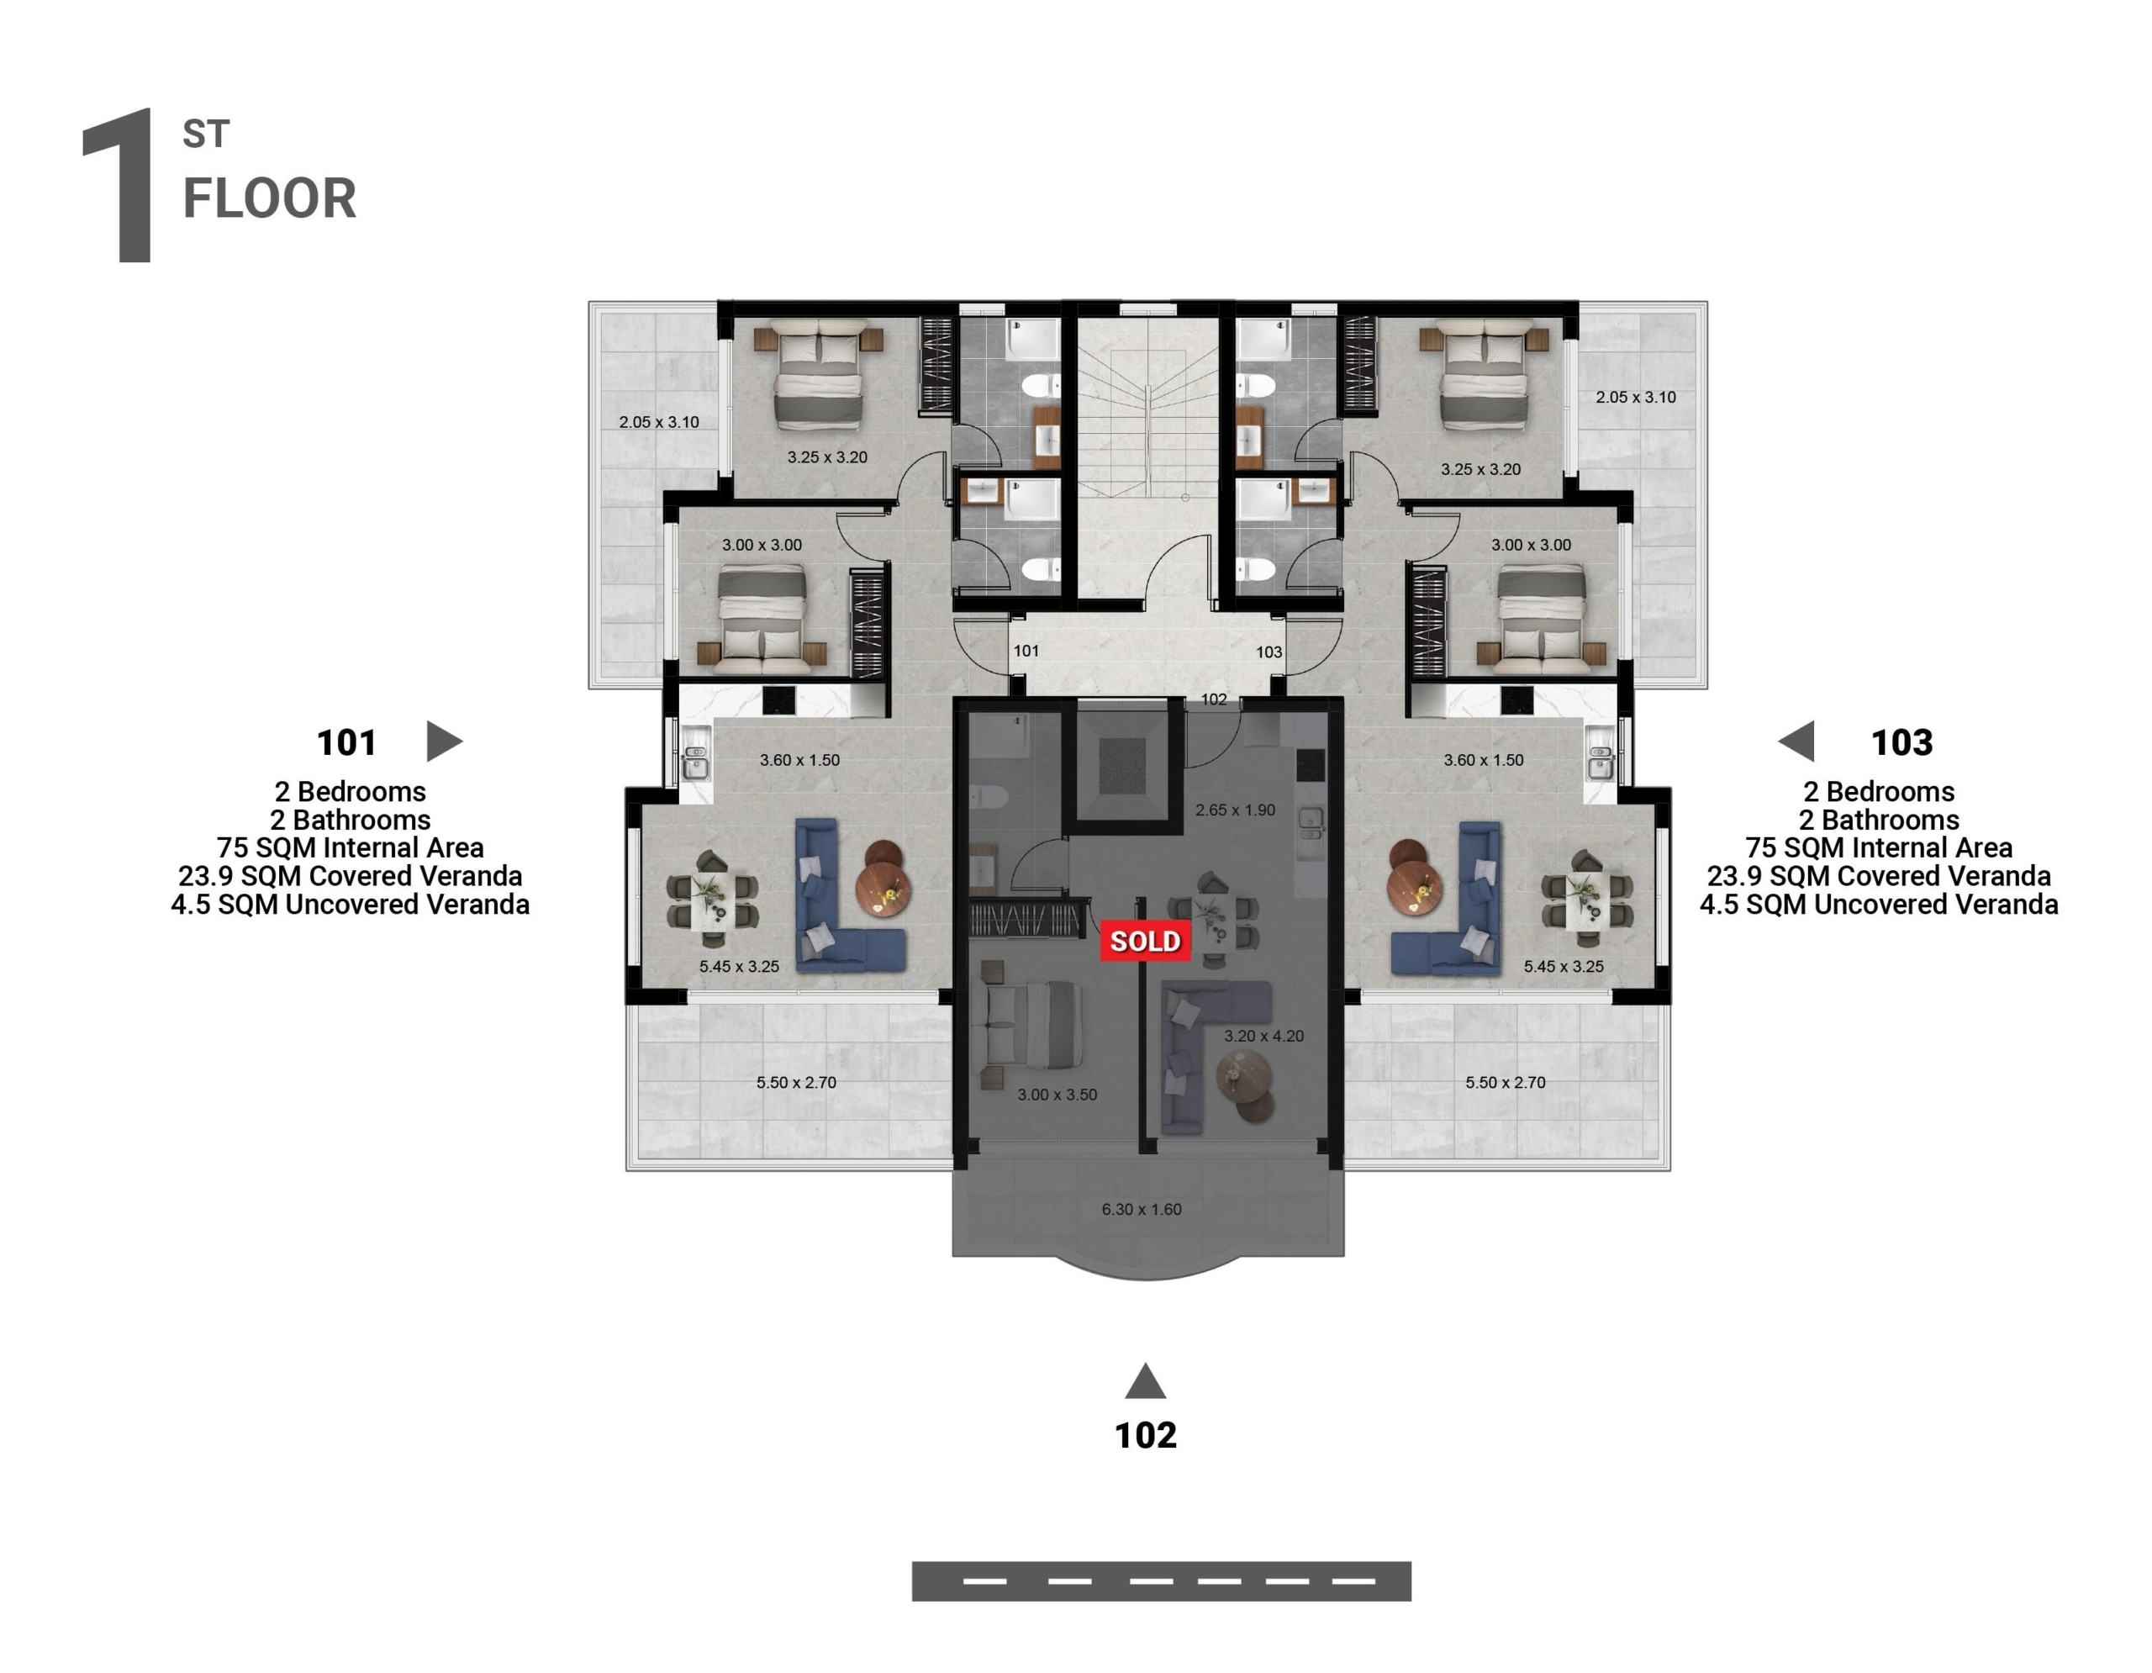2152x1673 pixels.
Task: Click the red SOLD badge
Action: coord(1145,941)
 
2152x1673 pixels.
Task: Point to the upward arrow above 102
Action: coord(1145,1380)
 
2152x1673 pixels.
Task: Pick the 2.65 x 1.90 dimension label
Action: coord(1235,810)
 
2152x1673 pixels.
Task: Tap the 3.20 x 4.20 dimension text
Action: coord(1263,1036)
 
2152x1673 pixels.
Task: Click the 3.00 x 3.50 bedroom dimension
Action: coord(1058,1094)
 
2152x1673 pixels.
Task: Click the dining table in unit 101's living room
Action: coord(712,896)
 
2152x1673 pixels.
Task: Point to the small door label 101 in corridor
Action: coord(1026,650)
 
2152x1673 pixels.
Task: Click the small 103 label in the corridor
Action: coord(1269,652)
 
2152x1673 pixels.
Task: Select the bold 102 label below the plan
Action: coord(1145,1434)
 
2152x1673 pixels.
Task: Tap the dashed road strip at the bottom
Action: coord(1161,1581)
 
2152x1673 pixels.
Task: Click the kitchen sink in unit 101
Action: coord(697,757)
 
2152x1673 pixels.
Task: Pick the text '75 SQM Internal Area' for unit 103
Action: coord(1878,847)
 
